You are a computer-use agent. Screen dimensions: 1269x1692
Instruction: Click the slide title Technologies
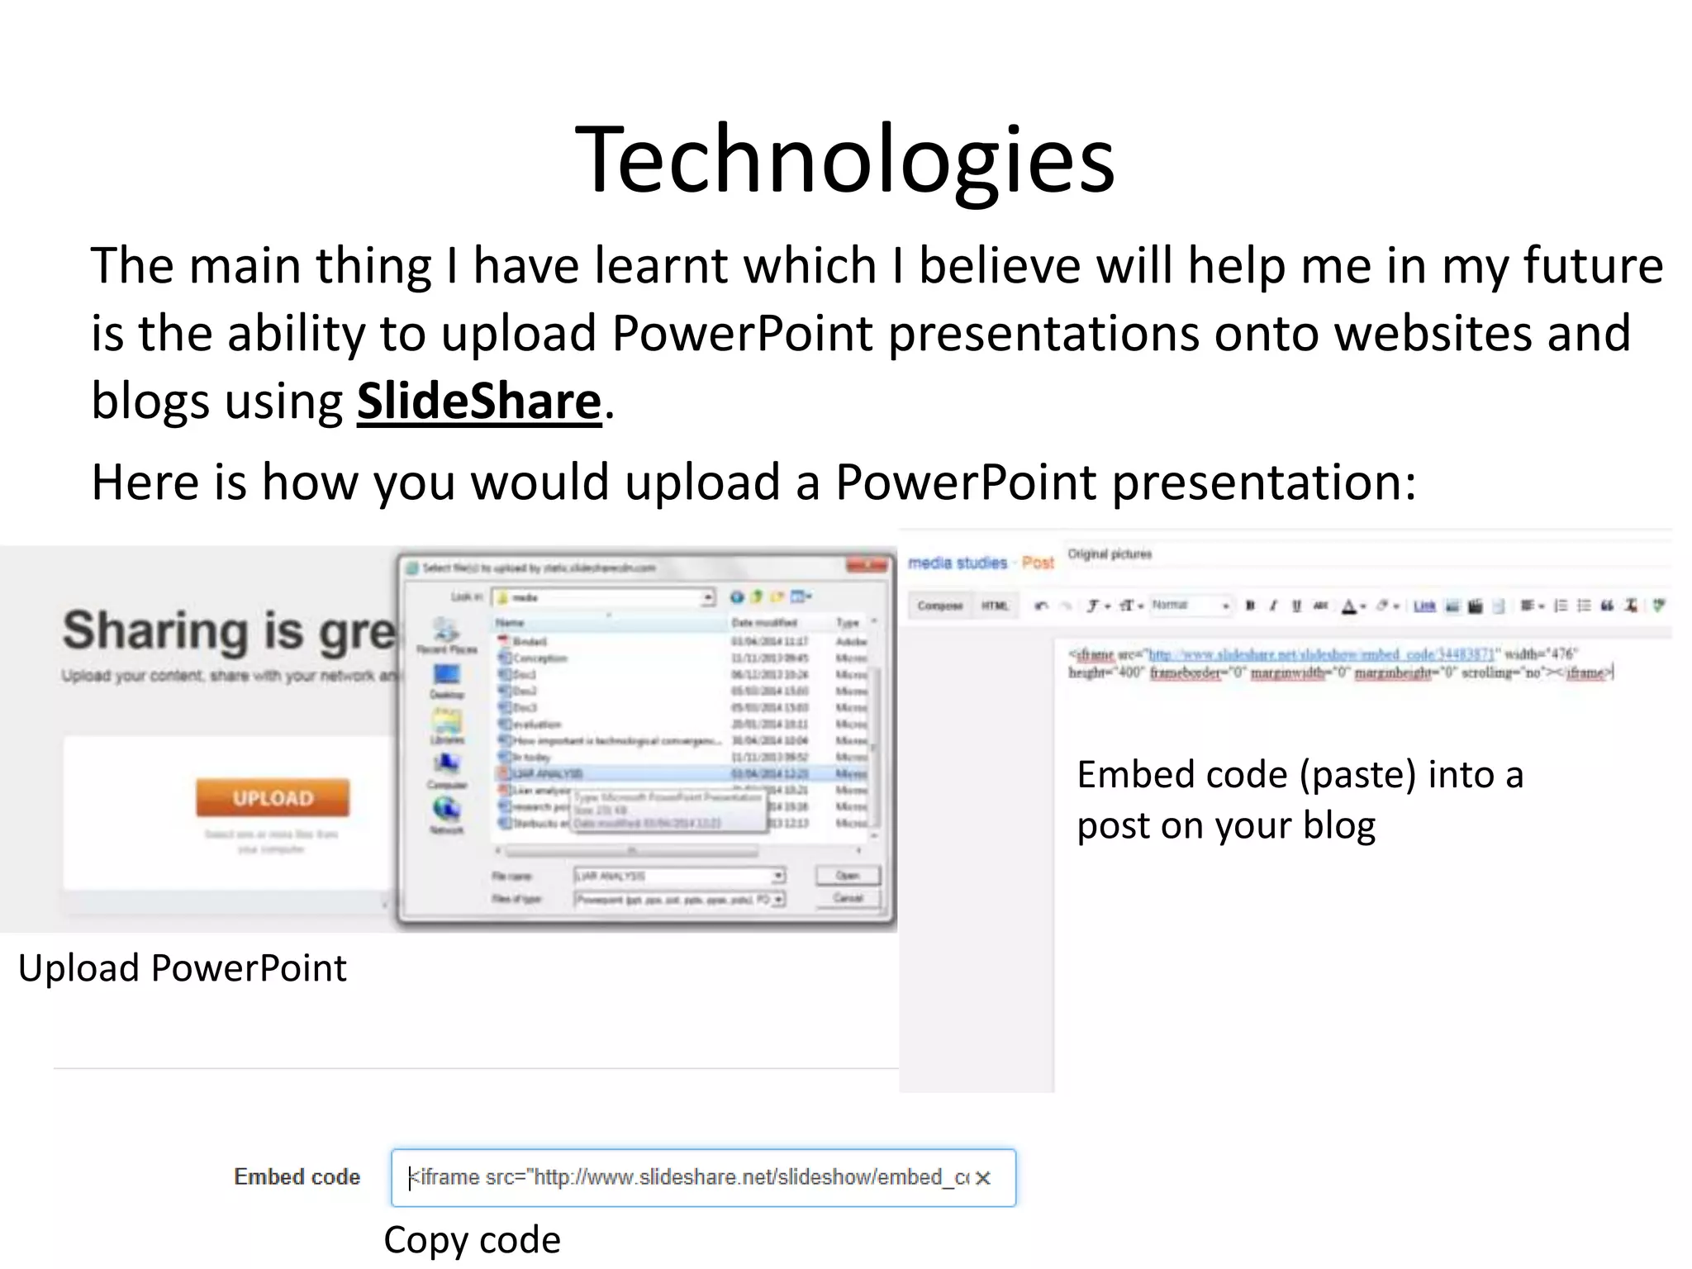point(844,159)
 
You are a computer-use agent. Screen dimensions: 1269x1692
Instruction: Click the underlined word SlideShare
point(479,402)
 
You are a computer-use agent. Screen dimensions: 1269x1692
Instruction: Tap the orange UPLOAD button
point(273,798)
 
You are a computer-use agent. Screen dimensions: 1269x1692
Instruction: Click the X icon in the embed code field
point(982,1178)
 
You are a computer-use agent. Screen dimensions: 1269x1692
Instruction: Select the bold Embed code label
point(297,1176)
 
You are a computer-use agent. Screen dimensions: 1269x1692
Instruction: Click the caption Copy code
point(472,1239)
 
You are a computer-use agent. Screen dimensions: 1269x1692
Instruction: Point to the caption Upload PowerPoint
point(182,967)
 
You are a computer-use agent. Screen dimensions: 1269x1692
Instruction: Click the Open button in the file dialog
point(847,875)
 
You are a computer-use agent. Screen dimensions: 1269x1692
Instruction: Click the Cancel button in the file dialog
point(847,898)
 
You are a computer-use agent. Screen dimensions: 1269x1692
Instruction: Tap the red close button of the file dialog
point(867,566)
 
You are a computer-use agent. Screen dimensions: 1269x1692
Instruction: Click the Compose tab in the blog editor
point(940,606)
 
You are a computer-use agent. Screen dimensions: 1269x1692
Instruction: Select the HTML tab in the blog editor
point(995,606)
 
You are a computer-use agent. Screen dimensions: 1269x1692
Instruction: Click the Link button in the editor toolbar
point(1424,606)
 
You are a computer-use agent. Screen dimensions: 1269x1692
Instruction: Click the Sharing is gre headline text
point(230,632)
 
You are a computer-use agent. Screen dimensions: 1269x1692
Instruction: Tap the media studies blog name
point(958,563)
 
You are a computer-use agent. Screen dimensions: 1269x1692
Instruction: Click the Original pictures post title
point(1110,554)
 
